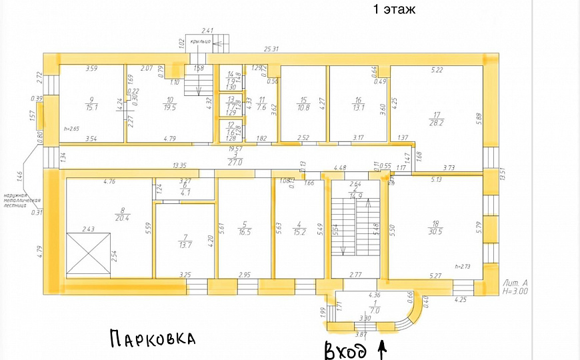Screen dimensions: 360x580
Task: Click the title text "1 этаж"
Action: (x=394, y=9)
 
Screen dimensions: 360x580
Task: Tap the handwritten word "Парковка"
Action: (x=152, y=338)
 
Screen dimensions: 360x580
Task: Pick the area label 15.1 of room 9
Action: (x=91, y=107)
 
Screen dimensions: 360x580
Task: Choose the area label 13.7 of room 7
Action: (x=185, y=245)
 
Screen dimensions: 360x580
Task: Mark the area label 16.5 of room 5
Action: (x=245, y=232)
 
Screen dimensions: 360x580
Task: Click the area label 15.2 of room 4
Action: (x=299, y=232)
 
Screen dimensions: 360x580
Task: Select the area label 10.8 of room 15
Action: (x=303, y=107)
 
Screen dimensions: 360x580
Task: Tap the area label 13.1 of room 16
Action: (x=358, y=107)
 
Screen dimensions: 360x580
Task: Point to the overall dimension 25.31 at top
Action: (x=271, y=49)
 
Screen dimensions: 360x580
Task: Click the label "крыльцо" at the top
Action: (x=200, y=41)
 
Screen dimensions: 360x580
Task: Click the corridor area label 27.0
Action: (x=232, y=161)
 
